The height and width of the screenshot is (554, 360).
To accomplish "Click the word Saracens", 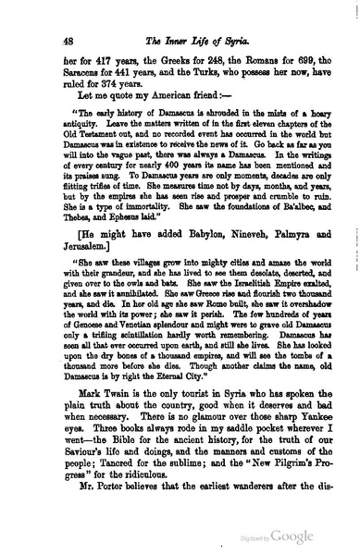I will tap(86, 64).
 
